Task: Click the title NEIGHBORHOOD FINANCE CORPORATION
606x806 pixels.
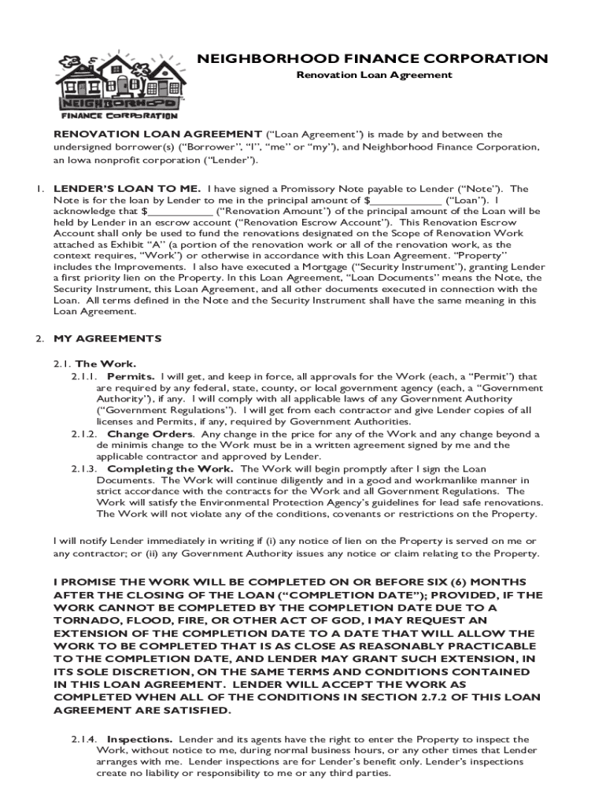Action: [372, 59]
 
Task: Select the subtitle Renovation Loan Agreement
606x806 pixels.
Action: [374, 75]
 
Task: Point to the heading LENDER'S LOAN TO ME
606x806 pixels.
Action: [127, 189]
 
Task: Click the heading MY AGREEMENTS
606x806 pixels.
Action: [107, 338]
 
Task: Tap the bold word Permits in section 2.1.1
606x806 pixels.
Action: [131, 376]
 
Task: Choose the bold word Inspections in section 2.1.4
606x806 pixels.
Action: [140, 740]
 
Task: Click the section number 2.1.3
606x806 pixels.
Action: [83, 468]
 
